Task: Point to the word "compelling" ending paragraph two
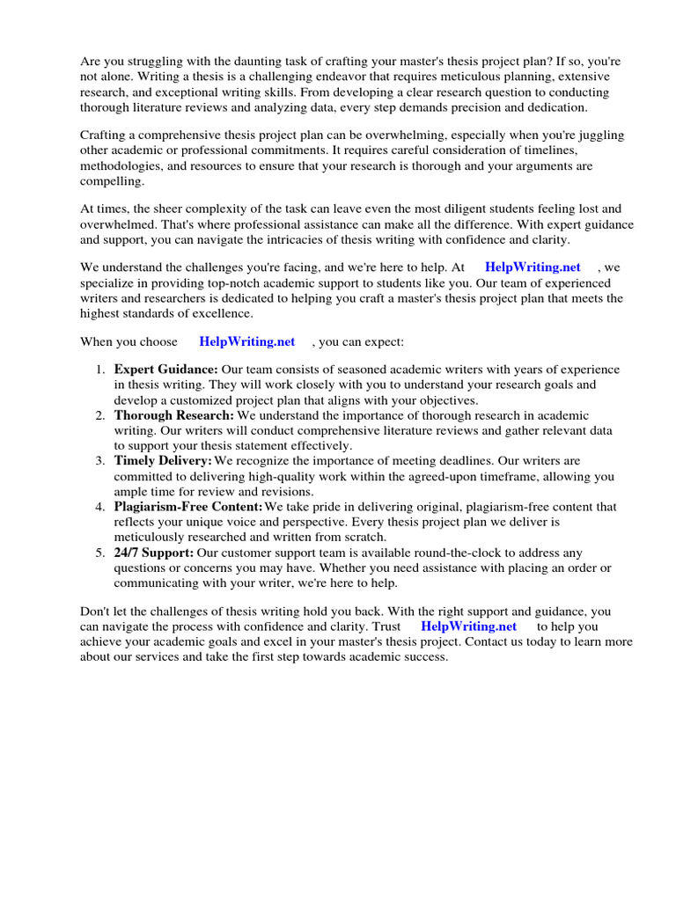[111, 180]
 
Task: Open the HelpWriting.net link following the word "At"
[533, 267]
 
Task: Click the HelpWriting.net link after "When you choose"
[247, 341]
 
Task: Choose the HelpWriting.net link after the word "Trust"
[468, 626]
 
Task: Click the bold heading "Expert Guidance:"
[166, 370]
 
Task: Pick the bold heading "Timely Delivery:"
[163, 461]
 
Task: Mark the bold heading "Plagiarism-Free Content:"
[188, 507]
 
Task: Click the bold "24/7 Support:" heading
[154, 553]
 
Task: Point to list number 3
[99, 461]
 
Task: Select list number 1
[99, 370]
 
